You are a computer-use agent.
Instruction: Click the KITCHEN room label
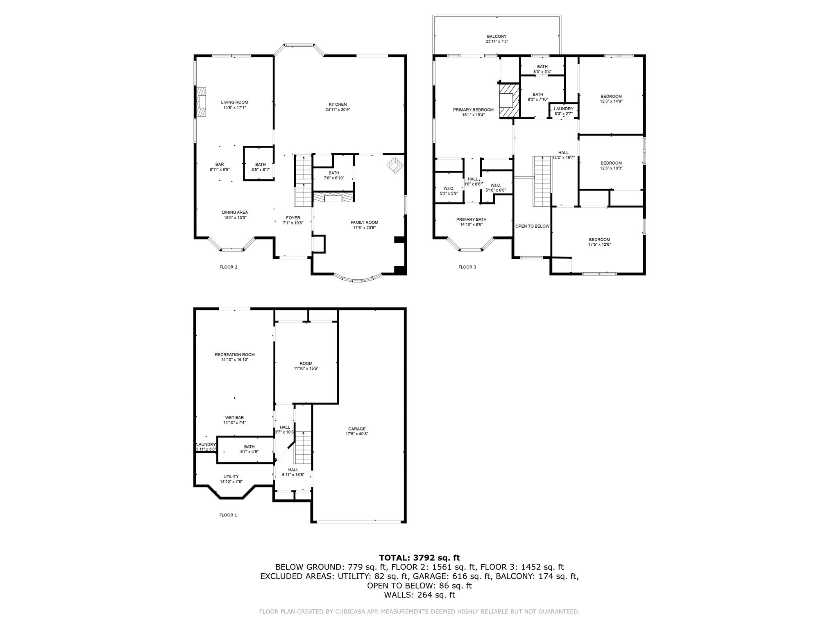click(x=338, y=104)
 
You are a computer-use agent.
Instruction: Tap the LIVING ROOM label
click(x=234, y=102)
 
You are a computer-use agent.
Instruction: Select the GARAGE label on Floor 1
click(x=357, y=429)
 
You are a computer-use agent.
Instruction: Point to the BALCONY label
click(x=497, y=36)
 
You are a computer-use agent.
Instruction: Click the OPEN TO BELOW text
click(x=532, y=226)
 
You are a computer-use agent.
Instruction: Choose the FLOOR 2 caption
click(x=228, y=267)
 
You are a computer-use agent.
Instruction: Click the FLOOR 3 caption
click(x=467, y=267)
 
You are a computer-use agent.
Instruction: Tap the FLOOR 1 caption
click(x=228, y=515)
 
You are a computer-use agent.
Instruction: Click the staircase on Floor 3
click(x=542, y=181)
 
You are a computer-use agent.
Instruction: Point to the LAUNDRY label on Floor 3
click(x=564, y=109)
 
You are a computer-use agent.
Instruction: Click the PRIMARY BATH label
click(x=471, y=219)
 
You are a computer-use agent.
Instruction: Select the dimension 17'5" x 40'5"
click(x=357, y=434)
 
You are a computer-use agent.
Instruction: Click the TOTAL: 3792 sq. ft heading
click(x=419, y=558)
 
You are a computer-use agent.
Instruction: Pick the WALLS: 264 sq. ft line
click(x=419, y=595)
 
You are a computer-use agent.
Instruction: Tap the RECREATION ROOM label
click(x=235, y=355)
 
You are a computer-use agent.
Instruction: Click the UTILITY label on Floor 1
click(x=231, y=477)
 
